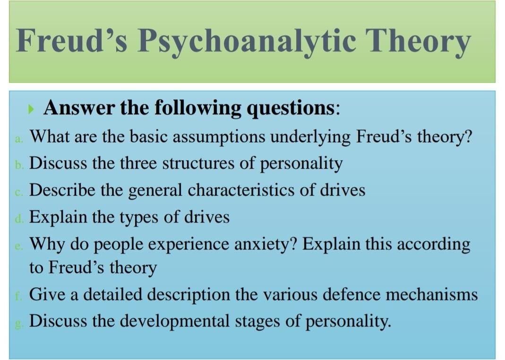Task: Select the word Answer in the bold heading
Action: [x=79, y=107]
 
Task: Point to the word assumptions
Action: [x=219, y=137]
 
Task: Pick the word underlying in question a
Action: [x=310, y=137]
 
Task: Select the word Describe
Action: [x=62, y=189]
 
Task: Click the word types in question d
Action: [x=139, y=217]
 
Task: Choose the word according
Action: [x=434, y=244]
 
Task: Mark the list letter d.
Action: [x=19, y=219]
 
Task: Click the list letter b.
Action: [x=19, y=165]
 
